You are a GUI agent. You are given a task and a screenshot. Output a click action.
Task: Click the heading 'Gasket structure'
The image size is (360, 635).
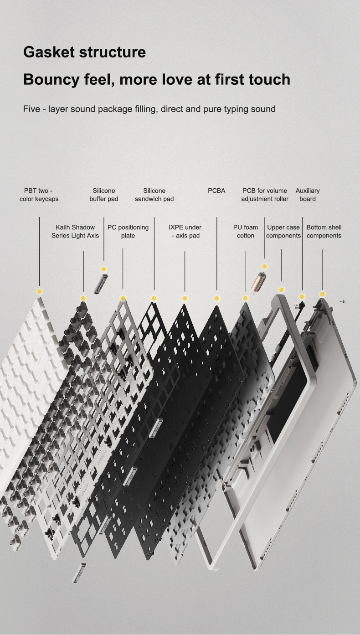pos(84,52)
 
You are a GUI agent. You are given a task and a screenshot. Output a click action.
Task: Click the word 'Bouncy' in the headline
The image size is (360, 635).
pos(51,80)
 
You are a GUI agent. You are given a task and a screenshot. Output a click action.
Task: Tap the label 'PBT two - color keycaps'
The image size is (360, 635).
pos(39,195)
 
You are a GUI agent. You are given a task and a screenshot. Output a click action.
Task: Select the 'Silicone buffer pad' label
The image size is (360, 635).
pos(104,195)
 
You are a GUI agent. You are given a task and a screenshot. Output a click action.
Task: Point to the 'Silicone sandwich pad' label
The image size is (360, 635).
pos(154,195)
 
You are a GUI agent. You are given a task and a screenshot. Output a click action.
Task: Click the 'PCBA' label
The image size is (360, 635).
pos(216,191)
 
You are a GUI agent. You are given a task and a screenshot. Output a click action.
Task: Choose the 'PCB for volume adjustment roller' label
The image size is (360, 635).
pos(265,195)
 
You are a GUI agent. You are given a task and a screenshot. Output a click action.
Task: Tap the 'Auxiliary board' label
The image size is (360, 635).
pos(308,195)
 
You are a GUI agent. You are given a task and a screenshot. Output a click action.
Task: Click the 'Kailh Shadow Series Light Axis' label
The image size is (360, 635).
pos(75,231)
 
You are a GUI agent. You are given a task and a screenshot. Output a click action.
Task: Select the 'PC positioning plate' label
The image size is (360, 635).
pos(128,231)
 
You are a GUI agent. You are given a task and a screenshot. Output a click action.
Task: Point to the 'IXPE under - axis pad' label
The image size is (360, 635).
pos(185,231)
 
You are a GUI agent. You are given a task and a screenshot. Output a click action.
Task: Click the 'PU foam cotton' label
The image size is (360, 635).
pos(246,231)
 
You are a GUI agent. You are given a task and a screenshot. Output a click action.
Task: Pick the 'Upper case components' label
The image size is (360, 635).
pos(283,231)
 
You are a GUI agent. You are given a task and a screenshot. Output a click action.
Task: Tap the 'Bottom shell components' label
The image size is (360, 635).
pos(324,231)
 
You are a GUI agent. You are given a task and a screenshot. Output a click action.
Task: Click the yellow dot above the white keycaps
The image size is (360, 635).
pos(39,291)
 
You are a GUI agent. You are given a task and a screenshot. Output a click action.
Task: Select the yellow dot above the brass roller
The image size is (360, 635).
pos(264,267)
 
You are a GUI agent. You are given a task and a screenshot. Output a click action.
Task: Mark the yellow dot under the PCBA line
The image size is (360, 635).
pos(216,298)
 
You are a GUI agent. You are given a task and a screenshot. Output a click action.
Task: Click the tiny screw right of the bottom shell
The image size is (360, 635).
pos(343,302)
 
